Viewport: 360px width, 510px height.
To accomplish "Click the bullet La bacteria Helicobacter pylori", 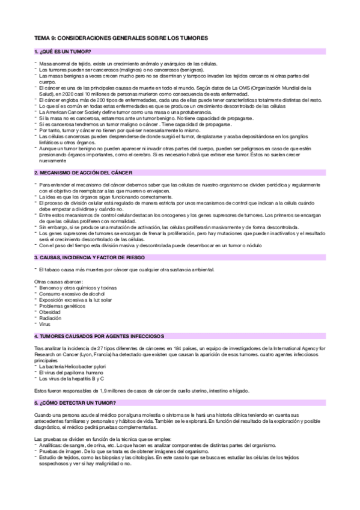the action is (x=75, y=366).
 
